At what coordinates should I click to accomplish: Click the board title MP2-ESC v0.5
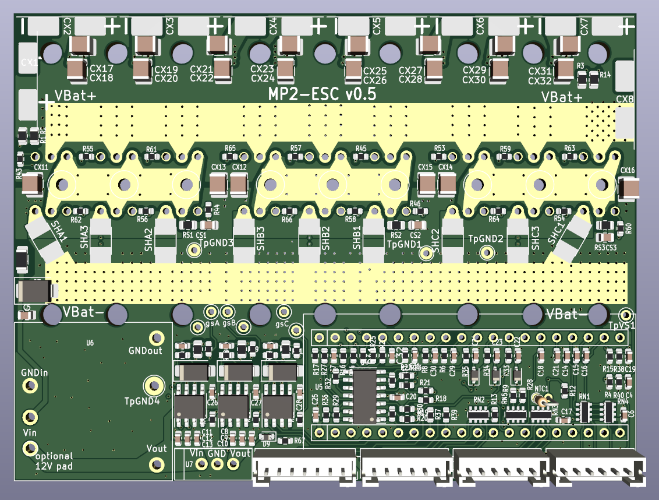click(x=321, y=94)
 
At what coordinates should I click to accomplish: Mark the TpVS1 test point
click(x=626, y=313)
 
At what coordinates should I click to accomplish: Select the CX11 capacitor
click(x=33, y=185)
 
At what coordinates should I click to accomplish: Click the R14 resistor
click(x=594, y=76)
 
